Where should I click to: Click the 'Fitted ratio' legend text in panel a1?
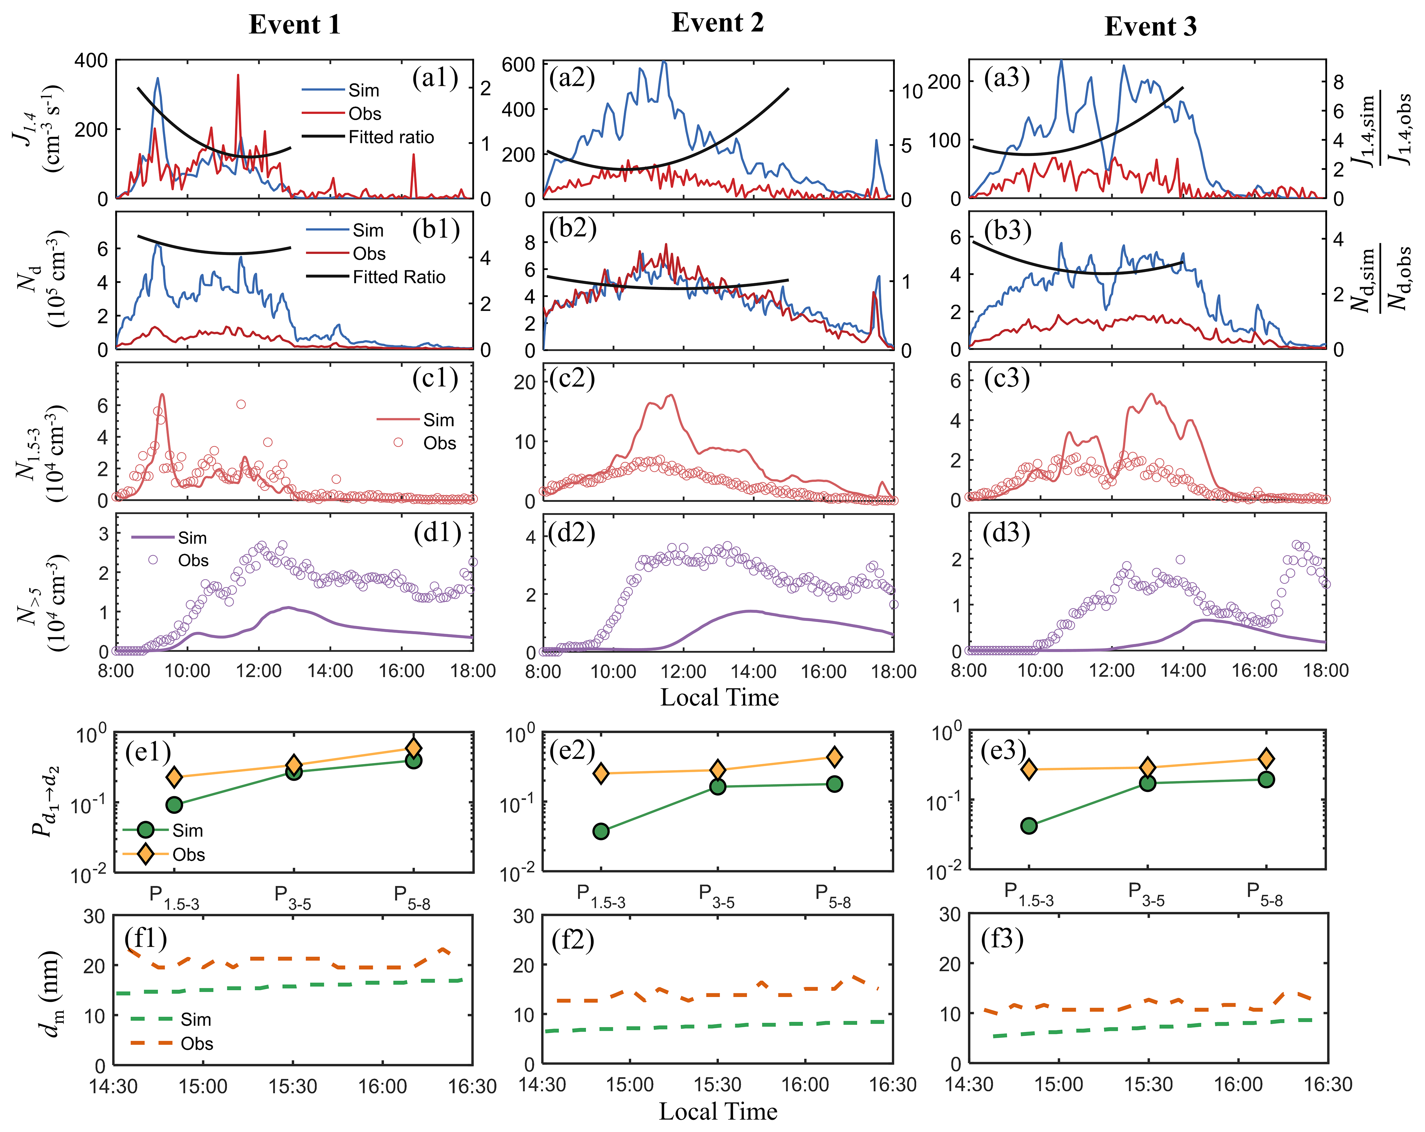pyautogui.click(x=391, y=138)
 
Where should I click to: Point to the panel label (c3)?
pyautogui.click(x=1007, y=379)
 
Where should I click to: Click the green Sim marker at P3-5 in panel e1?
pyautogui.click(x=294, y=772)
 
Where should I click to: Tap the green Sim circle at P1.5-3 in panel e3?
pyautogui.click(x=1029, y=825)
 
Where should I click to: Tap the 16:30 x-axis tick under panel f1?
pyautogui.click(x=472, y=1086)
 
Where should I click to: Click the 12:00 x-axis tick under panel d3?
pyautogui.click(x=1112, y=670)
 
